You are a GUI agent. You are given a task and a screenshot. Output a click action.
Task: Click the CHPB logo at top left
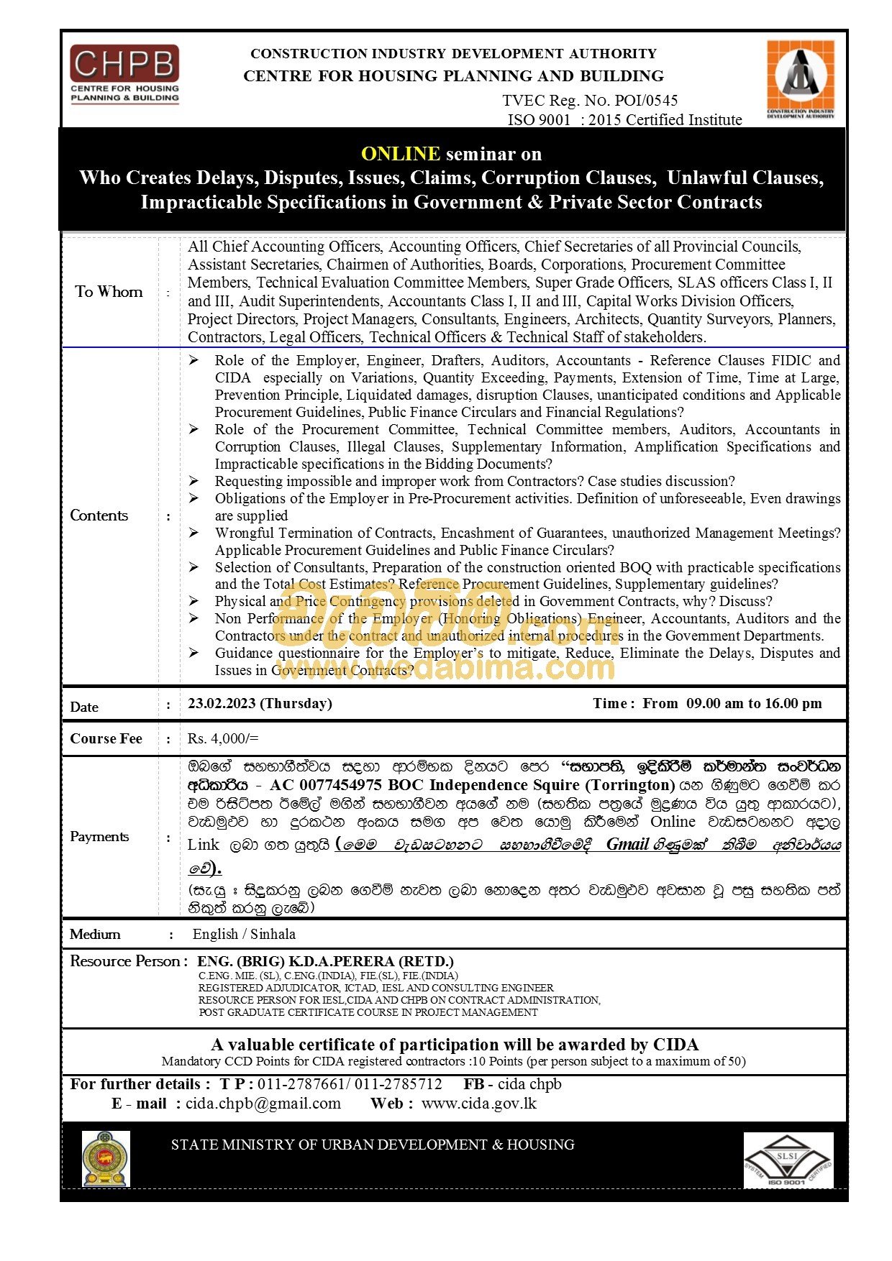click(x=124, y=74)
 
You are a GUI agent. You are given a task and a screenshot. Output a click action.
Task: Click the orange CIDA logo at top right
click(x=800, y=79)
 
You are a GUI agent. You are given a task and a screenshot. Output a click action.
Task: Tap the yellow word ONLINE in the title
click(x=400, y=154)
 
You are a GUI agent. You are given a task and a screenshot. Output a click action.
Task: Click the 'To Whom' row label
click(x=109, y=292)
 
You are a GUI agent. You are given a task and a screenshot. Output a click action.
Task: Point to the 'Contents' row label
click(x=99, y=515)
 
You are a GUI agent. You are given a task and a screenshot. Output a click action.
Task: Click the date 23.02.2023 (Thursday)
click(x=260, y=704)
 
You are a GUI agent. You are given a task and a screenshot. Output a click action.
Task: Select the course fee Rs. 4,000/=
click(x=223, y=738)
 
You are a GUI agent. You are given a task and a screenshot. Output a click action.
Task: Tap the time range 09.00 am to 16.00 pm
click(x=753, y=704)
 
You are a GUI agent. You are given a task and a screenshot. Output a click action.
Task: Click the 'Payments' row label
click(x=99, y=837)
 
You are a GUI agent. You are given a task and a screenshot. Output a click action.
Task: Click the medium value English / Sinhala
click(x=244, y=935)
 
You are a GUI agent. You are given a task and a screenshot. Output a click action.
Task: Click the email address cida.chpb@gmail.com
click(x=263, y=1104)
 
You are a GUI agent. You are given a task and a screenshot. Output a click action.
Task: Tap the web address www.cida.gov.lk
click(x=479, y=1104)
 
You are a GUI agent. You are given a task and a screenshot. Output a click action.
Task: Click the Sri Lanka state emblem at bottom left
click(x=106, y=1159)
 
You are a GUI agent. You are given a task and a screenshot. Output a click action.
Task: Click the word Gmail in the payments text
click(x=627, y=845)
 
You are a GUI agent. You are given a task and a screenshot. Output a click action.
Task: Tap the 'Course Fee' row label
click(x=106, y=739)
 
